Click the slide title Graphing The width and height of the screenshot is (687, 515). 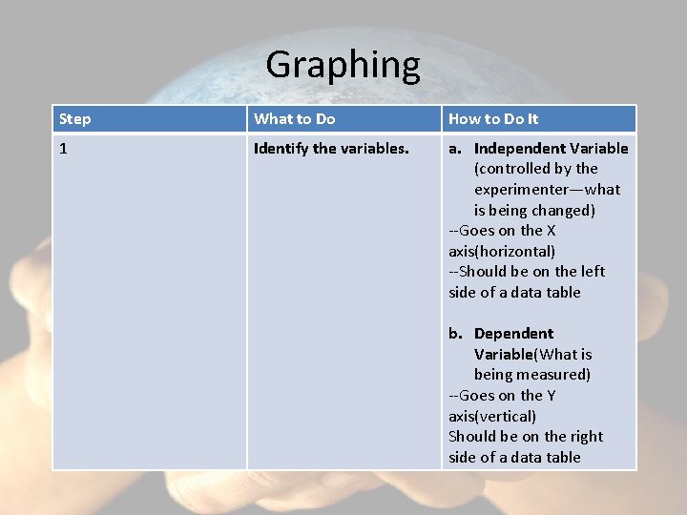[343, 65]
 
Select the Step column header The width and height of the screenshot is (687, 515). [75, 119]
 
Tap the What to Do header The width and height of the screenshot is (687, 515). [294, 119]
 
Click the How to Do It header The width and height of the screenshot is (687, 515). [492, 119]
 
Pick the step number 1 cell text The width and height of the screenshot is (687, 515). [63, 149]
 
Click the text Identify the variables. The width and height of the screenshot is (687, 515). [330, 149]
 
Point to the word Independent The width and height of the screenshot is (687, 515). [519, 149]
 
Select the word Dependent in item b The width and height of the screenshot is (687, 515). [513, 334]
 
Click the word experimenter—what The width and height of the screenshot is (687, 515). [547, 190]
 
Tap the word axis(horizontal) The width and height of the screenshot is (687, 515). [502, 252]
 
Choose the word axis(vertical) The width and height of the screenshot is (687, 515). [492, 417]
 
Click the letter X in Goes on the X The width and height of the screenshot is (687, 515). [551, 231]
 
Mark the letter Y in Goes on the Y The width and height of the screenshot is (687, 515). [551, 396]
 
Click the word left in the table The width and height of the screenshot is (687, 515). [593, 272]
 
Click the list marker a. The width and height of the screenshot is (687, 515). [455, 149]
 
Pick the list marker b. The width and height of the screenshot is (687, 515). [455, 334]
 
